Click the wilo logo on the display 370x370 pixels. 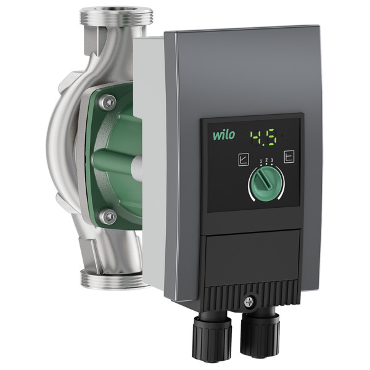pyautogui.click(x=224, y=135)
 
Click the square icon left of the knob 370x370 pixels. pyautogui.click(x=244, y=160)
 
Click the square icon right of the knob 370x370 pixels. pyautogui.click(x=289, y=156)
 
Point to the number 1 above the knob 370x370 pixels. pyautogui.click(x=261, y=161)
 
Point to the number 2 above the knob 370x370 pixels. pyautogui.click(x=266, y=160)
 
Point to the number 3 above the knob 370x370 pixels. pyautogui.click(x=272, y=161)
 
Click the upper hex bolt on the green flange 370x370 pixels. pyautogui.click(x=108, y=102)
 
